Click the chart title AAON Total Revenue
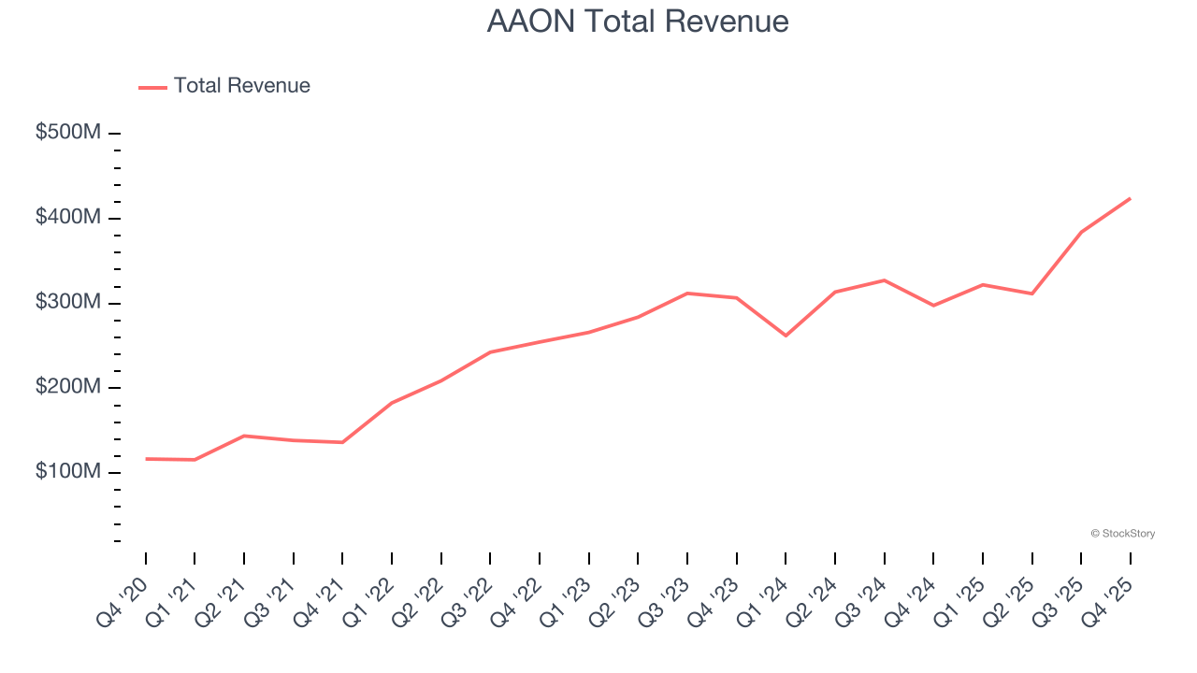(x=638, y=21)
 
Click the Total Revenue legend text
(x=241, y=86)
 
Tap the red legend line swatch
(x=152, y=87)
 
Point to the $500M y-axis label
(x=68, y=133)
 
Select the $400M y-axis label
(x=68, y=218)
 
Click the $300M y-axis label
(x=68, y=303)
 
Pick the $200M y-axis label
(x=68, y=387)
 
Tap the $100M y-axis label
(x=68, y=472)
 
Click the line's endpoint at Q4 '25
(x=1130, y=198)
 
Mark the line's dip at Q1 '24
(x=786, y=336)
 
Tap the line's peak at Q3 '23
(x=687, y=294)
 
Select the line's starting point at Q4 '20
(x=146, y=459)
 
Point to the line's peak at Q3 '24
(x=884, y=280)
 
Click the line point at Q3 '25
(x=1081, y=232)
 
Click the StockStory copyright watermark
(x=1122, y=534)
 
